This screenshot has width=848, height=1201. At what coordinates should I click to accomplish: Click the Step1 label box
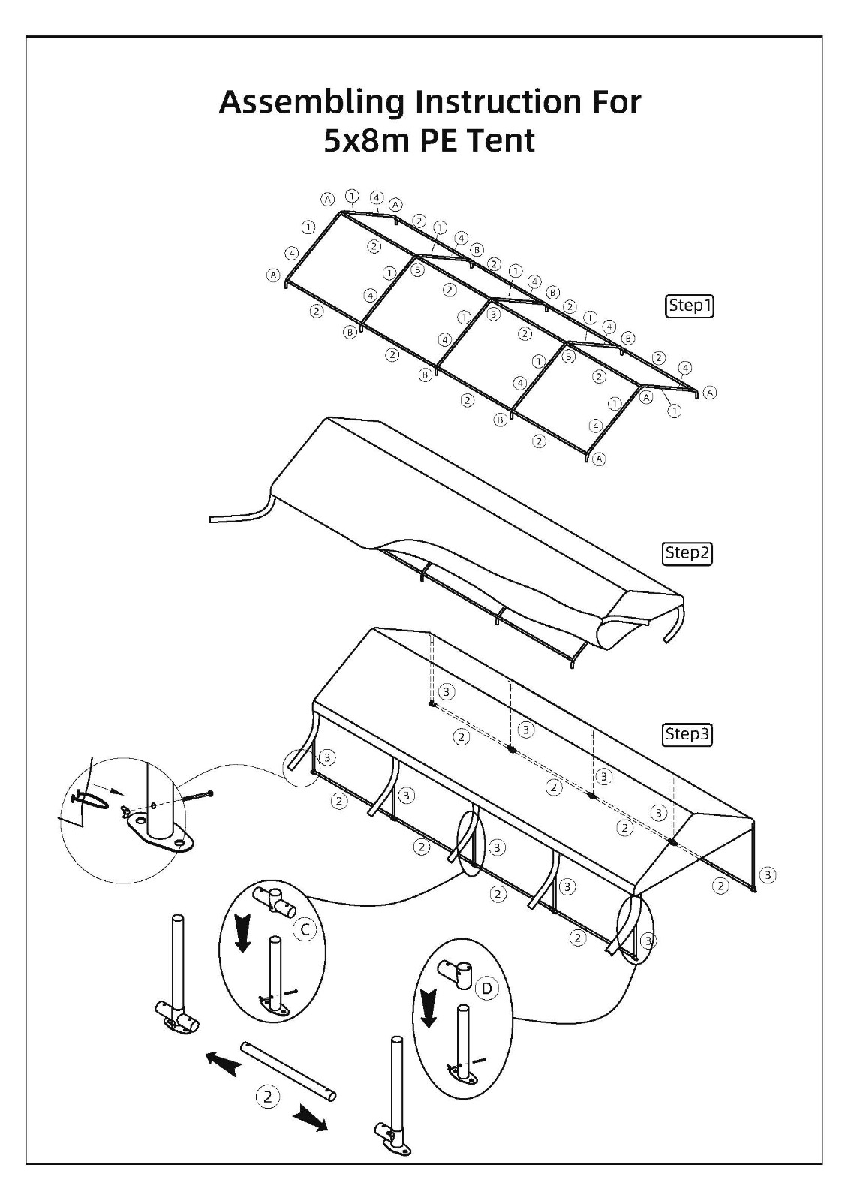tap(689, 306)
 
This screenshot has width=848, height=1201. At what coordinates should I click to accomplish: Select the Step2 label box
tap(687, 552)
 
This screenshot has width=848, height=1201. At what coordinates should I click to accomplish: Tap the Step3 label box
tap(687, 734)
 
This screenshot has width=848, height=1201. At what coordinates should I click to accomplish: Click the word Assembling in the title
tap(311, 103)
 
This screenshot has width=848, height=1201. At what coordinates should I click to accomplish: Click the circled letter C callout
tap(305, 929)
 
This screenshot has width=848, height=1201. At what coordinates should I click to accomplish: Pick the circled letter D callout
tap(487, 988)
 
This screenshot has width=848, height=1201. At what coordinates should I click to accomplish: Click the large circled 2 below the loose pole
tap(268, 1097)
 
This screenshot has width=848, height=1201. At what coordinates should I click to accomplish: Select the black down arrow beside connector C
tap(243, 934)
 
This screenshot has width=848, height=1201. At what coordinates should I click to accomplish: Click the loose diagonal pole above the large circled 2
tap(288, 1071)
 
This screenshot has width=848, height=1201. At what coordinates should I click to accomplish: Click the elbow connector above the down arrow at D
tap(456, 971)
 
